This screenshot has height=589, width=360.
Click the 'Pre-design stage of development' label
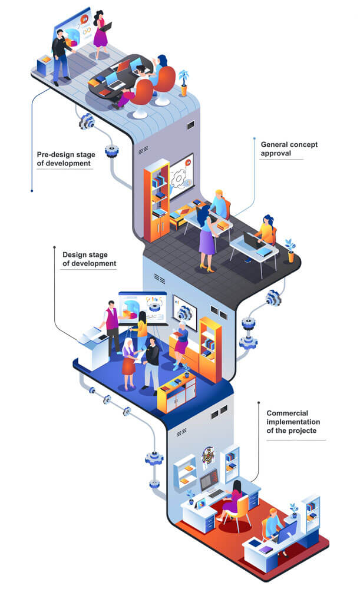coord(66,159)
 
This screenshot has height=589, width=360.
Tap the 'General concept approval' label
coord(289,149)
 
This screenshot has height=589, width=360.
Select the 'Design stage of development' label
coord(89,259)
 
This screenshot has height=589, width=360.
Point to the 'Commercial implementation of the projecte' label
coord(293,422)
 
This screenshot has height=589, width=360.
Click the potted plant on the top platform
coord(183,82)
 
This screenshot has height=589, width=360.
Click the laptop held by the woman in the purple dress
coord(106,28)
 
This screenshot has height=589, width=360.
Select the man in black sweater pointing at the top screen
coord(61,57)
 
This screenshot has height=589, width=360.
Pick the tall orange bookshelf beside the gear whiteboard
coord(156,201)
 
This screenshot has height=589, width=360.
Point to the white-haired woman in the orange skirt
coord(128,363)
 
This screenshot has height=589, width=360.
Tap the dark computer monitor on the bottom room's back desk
coord(209,479)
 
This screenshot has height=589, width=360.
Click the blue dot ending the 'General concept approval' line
coord(255,138)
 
